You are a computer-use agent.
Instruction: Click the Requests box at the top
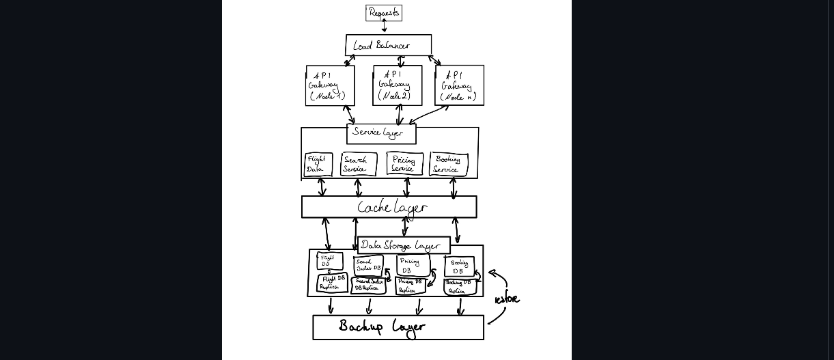coord(384,13)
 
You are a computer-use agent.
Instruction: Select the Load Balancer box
coord(388,45)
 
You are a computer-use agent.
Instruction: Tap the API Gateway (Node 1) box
coord(330,85)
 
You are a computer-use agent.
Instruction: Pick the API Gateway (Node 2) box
coord(398,85)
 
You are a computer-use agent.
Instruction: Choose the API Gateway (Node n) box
coord(459,85)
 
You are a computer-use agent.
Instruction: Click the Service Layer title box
coord(381,133)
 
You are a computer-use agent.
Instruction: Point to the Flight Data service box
coord(318,165)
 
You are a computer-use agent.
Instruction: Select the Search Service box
coord(359,165)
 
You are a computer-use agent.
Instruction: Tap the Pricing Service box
coord(404,164)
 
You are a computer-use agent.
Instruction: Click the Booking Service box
coord(449,165)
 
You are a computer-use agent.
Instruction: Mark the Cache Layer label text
coord(391,207)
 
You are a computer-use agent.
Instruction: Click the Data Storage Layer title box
coord(404,245)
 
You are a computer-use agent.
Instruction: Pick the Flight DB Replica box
coord(333,283)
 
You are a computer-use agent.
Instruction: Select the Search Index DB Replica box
coord(368,285)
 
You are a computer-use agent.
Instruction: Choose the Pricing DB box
coord(413,265)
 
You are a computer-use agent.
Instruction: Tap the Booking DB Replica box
coord(460,287)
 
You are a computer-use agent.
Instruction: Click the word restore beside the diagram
coord(507,299)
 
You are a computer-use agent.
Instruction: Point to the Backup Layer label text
coord(382,327)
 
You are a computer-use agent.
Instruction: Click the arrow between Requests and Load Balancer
coord(384,27)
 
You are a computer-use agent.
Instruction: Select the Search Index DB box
coord(368,265)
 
